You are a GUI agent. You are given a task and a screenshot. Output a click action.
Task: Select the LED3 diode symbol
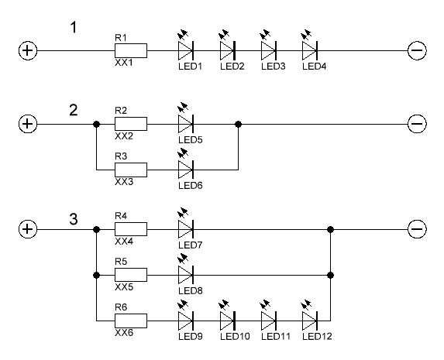pos(268,51)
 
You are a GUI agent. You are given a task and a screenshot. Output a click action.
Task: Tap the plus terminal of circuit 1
pos(28,51)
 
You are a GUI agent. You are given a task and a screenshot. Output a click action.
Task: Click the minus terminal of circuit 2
pos(417,124)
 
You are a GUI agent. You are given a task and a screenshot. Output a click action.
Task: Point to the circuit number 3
pos(74,219)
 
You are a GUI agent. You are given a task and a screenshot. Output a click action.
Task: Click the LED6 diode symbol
pos(186,170)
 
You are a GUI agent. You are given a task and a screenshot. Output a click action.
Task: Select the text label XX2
pos(124,136)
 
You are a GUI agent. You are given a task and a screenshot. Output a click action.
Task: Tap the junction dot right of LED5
pos(239,124)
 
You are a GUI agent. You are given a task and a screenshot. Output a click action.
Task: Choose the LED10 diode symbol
pos(227,321)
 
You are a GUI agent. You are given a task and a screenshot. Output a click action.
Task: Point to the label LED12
pos(317,337)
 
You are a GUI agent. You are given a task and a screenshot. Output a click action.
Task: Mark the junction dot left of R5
pos(97,275)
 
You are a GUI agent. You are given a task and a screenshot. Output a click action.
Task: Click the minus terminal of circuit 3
pos(417,229)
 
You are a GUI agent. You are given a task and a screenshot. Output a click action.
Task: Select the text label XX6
pos(124,333)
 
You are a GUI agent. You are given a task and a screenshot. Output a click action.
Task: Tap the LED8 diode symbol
pos(186,275)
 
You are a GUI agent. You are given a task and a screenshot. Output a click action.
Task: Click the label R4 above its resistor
pos(121,216)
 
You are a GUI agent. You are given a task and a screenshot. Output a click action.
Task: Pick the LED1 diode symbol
pos(186,51)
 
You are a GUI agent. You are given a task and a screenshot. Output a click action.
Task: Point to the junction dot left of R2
pos(97,124)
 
